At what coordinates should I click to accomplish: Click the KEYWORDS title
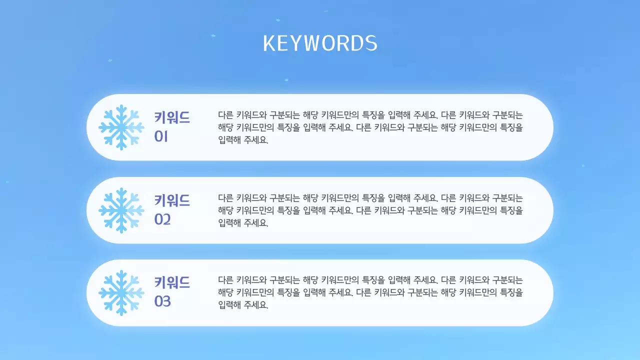(320, 43)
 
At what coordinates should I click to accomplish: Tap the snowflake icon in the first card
(121, 127)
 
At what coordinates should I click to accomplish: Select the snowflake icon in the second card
(121, 210)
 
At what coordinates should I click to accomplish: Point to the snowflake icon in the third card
(121, 293)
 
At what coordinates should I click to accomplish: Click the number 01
(161, 136)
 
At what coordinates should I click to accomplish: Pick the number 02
(162, 219)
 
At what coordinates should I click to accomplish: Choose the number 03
(162, 302)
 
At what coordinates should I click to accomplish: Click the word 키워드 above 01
(172, 118)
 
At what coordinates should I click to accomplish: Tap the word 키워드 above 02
(172, 201)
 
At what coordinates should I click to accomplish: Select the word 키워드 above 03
(172, 283)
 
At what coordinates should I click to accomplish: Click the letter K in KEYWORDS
(269, 43)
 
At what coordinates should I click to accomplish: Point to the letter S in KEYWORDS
(371, 43)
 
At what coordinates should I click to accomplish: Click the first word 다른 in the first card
(225, 114)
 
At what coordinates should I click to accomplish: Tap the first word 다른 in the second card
(225, 197)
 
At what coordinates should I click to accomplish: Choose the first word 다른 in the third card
(225, 280)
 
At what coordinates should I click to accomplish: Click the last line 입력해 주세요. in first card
(243, 140)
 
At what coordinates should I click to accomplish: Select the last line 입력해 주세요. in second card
(243, 223)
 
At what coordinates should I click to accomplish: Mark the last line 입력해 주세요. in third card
(243, 305)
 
